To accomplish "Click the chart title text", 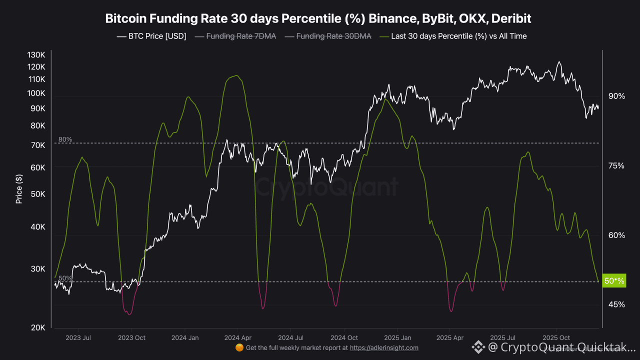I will (318, 18).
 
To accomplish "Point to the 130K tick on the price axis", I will (36, 54).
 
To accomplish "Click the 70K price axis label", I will (38, 145).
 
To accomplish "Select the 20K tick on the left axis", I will (38, 327).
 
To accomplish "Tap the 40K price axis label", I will (38, 227).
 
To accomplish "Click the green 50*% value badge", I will (614, 281).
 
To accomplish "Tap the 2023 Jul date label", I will (79, 338).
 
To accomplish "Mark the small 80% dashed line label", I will (65, 139).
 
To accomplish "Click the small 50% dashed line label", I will (65, 278).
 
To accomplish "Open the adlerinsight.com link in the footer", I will (384, 347).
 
